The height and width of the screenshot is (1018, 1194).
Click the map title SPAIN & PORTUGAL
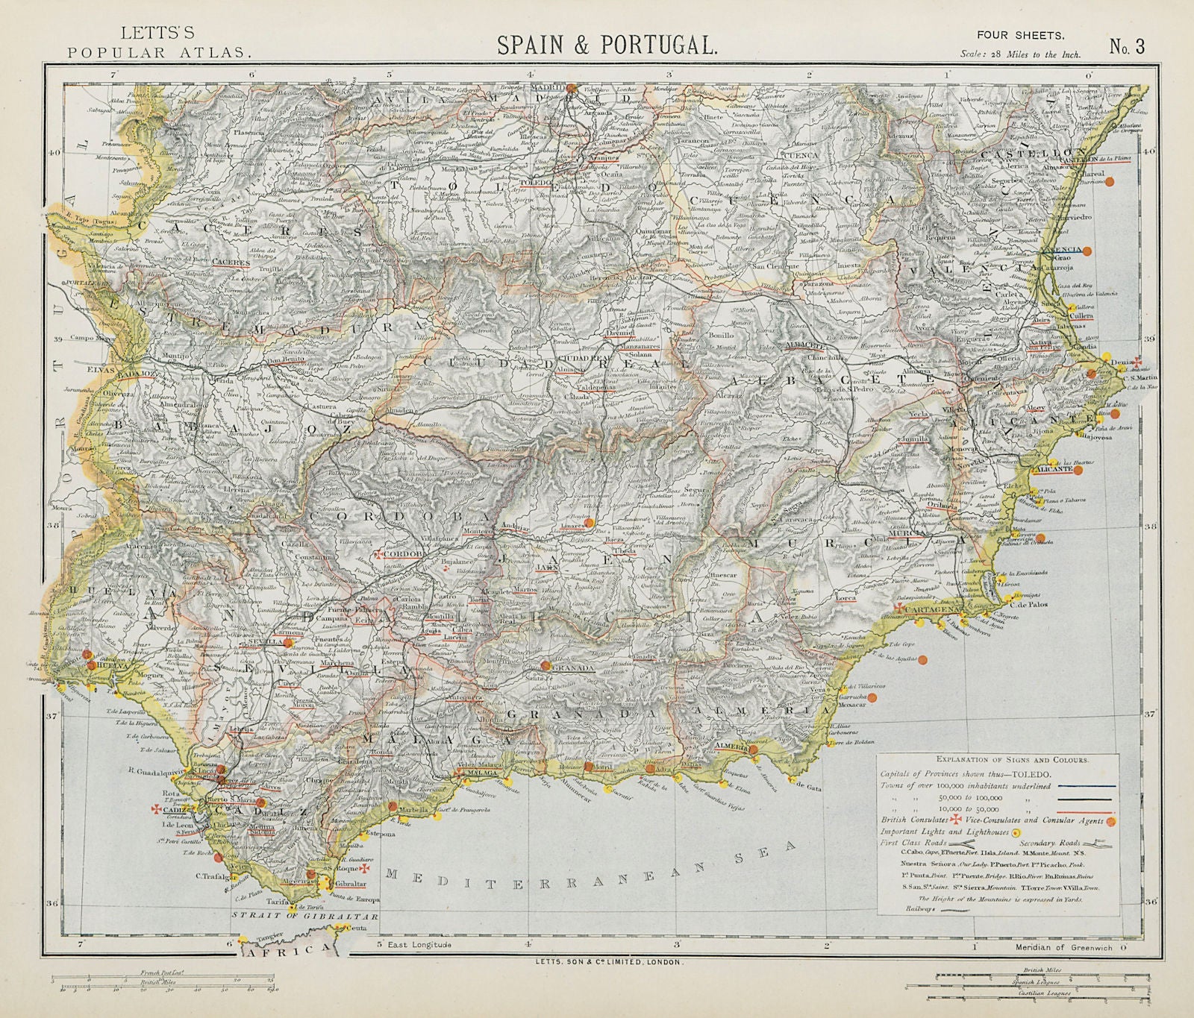606,44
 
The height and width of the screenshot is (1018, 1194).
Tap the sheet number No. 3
1126,46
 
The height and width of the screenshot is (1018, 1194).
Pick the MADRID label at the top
545,87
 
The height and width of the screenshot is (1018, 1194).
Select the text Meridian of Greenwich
1063,947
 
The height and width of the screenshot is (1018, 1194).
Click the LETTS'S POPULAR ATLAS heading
157,43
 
